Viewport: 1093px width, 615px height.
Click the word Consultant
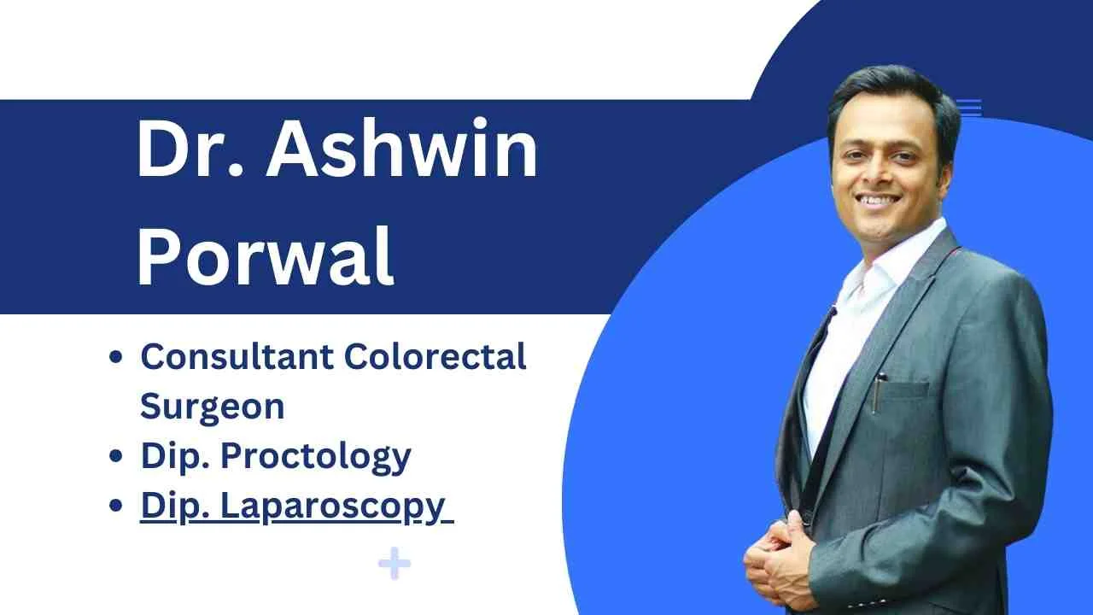pos(236,357)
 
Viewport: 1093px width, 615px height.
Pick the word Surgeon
pos(212,406)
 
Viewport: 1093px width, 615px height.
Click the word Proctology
pos(316,456)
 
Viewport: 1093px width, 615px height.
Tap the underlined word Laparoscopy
pos(333,506)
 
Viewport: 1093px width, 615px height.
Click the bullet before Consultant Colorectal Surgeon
pos(117,358)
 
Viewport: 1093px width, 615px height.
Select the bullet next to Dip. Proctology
pos(117,457)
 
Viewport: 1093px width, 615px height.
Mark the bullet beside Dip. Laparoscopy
pos(117,507)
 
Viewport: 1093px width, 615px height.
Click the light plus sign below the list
pos(394,565)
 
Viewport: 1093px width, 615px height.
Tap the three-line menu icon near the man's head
pos(969,108)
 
